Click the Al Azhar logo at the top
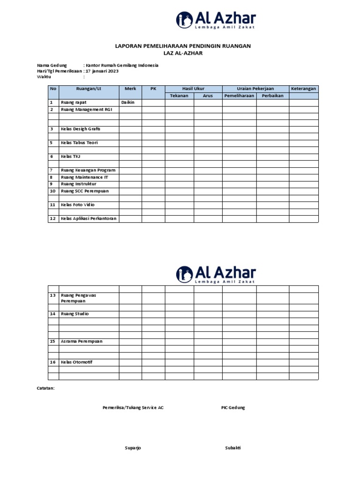[216, 20]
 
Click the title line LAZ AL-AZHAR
[183, 54]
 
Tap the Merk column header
[130, 89]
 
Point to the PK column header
[153, 89]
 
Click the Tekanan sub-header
[179, 96]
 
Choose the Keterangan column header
[304, 89]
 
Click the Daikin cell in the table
[128, 102]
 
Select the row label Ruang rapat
[74, 102]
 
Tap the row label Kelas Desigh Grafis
[81, 129]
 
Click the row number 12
[53, 218]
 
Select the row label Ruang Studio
[75, 314]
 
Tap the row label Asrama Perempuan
[82, 342]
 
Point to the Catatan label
[46, 388]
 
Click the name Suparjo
[133, 448]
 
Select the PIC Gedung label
[233, 408]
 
